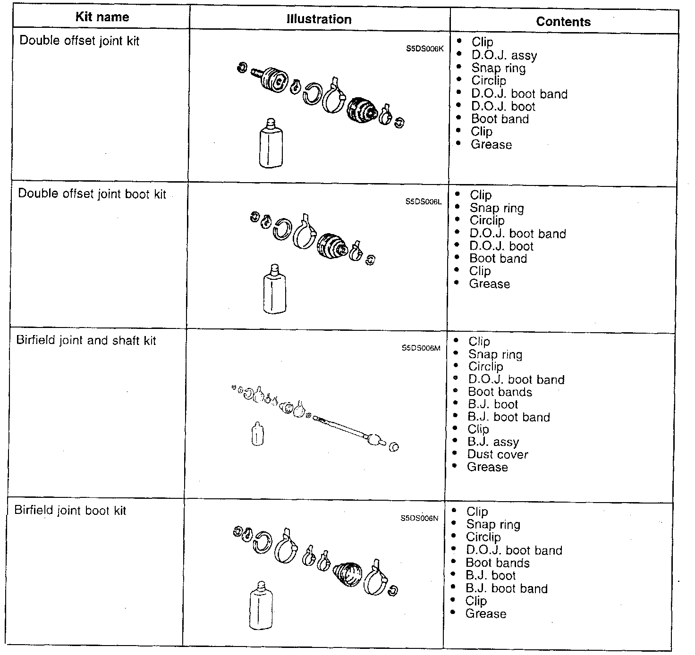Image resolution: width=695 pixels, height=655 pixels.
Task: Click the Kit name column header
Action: tap(102, 17)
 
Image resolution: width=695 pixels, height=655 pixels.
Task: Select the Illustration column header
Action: tap(319, 19)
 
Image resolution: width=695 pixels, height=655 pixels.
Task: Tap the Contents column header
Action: tap(563, 22)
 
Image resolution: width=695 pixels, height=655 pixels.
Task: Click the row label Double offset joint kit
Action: tap(79, 41)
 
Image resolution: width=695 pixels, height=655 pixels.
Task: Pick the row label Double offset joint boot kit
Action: tap(92, 194)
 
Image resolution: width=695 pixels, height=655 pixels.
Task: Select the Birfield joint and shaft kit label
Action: tap(86, 340)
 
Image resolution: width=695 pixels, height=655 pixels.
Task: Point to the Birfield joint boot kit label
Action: tap(70, 511)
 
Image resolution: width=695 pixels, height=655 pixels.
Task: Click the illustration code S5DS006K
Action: tap(424, 48)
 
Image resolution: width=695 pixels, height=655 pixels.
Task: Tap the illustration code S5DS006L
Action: tap(423, 202)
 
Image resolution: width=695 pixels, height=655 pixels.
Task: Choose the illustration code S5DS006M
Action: tap(421, 348)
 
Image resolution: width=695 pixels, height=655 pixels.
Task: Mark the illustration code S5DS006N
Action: tap(419, 518)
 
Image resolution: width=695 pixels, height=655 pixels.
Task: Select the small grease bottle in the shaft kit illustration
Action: tap(257, 433)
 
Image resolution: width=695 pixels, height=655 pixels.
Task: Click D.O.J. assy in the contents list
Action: tap(504, 56)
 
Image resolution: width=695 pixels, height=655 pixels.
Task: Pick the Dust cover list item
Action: tap(497, 454)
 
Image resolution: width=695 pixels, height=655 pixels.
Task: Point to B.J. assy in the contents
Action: tap(493, 442)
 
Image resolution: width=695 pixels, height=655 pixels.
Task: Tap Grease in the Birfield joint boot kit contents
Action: tap(485, 614)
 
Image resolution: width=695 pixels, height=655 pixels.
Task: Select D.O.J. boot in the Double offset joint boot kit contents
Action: tap(501, 246)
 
